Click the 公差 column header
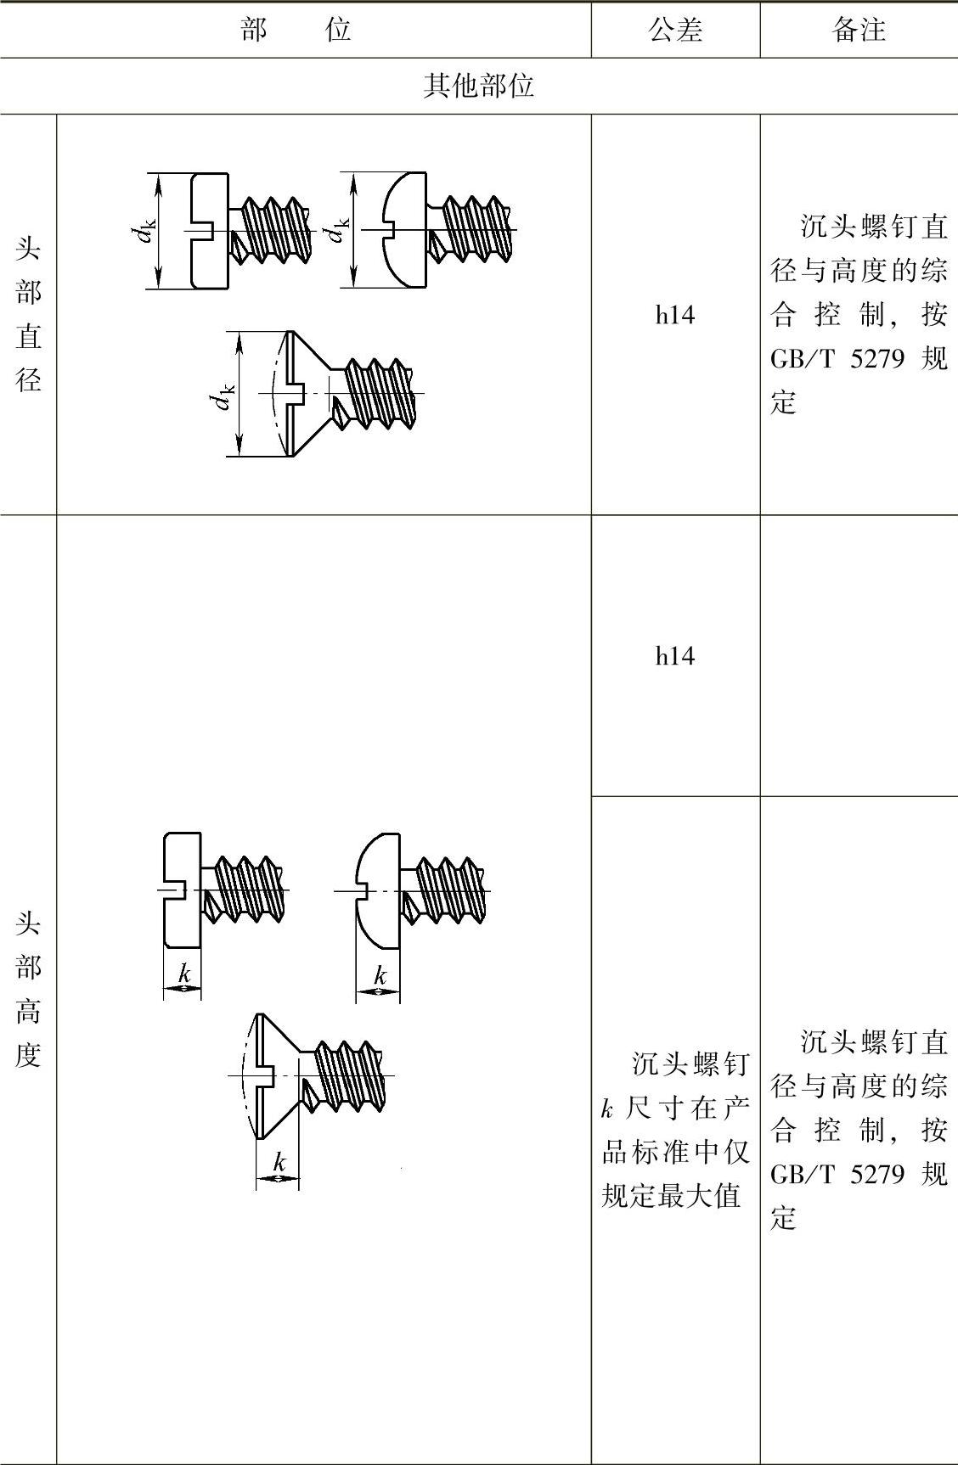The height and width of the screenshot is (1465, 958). click(x=675, y=31)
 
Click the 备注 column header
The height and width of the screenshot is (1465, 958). click(x=859, y=31)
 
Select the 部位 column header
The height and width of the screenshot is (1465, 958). click(x=296, y=31)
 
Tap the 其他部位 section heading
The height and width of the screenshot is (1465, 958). click(x=478, y=86)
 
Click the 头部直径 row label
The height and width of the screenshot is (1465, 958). click(x=28, y=314)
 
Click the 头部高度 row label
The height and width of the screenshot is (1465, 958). click(x=28, y=990)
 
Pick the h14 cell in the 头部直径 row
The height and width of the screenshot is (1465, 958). click(x=674, y=316)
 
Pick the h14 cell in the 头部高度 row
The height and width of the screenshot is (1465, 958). click(x=674, y=655)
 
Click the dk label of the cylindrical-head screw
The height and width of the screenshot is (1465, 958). click(x=146, y=230)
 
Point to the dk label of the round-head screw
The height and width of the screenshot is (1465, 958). click(x=339, y=230)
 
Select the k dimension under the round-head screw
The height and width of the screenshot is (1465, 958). click(x=379, y=976)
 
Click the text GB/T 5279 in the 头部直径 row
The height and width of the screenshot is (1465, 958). click(x=837, y=359)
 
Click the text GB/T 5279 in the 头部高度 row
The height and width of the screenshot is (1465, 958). click(x=837, y=1174)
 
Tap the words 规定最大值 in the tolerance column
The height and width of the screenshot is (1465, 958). click(x=672, y=1196)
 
